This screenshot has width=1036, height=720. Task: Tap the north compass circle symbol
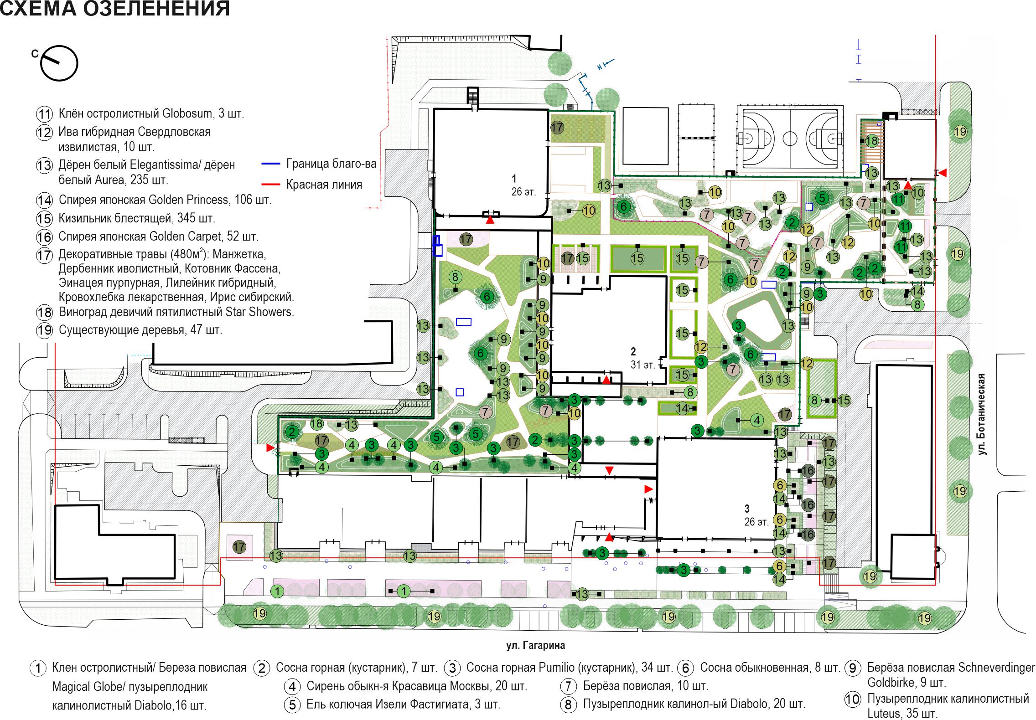pos(59,63)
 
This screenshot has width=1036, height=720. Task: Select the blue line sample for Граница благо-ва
pos(271,163)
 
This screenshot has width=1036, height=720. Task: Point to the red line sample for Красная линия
pos(271,185)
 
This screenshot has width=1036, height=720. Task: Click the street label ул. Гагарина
pos(535,645)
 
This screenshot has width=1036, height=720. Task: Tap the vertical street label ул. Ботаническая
pos(982,414)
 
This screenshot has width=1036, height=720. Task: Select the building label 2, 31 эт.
pos(643,358)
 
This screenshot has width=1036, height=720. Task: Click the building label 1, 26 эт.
pos(523,185)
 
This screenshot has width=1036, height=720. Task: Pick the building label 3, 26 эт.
pos(756,515)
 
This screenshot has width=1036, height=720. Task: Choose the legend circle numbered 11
pos(44,114)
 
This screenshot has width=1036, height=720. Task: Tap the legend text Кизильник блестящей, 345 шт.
pos(137,218)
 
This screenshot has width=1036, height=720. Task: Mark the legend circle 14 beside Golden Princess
pos(44,200)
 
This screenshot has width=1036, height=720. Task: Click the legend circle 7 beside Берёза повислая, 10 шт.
pos(568,686)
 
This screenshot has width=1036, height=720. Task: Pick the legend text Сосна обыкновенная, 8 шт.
pos(770,668)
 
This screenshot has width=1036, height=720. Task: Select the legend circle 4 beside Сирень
pos(292,686)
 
